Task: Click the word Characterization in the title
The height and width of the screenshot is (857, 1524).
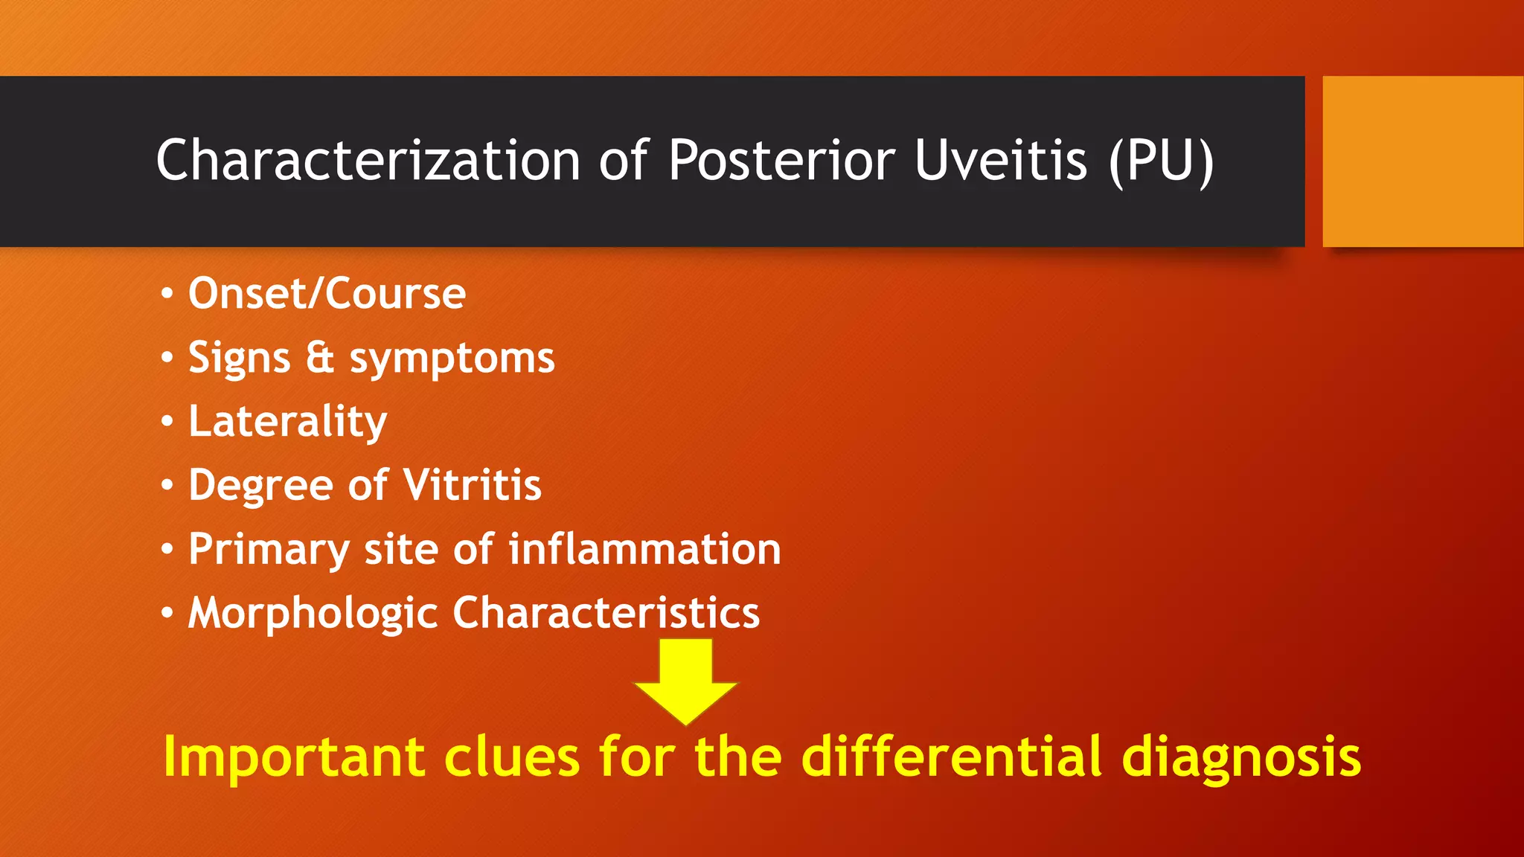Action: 368,160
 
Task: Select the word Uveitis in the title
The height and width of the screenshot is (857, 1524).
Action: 1000,160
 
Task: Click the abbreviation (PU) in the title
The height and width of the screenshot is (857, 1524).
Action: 1161,161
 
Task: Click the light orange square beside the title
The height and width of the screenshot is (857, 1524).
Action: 1423,161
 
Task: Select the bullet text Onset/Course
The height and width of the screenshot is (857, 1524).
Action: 327,293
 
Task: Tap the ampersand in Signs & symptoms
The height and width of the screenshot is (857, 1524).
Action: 320,357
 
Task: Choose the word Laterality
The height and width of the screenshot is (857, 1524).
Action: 287,422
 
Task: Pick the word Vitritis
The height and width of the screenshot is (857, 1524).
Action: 473,485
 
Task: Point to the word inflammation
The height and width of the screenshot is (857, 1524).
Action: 644,549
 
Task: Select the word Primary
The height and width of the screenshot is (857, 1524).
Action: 269,551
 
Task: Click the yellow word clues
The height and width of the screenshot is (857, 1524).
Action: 512,756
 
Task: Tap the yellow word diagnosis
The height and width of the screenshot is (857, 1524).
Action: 1241,757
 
